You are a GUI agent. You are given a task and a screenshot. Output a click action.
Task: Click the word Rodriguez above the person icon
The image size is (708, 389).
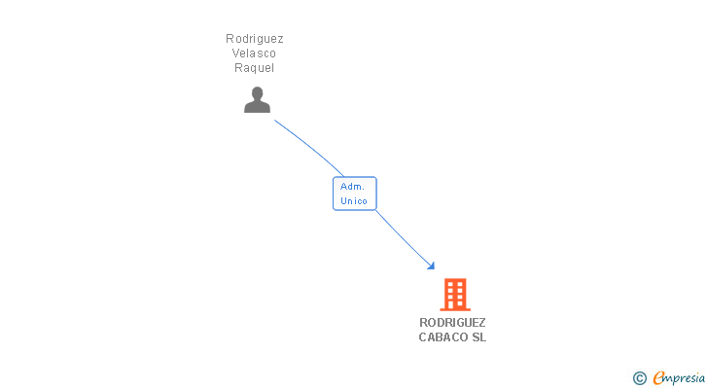point(255,39)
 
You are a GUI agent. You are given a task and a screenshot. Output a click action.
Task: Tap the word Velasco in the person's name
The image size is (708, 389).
point(255,53)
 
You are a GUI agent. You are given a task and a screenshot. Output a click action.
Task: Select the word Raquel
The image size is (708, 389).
point(255,68)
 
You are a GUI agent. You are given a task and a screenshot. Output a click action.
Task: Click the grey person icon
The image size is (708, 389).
point(257,99)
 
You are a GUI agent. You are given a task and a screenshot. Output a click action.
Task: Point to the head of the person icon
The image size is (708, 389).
point(257,93)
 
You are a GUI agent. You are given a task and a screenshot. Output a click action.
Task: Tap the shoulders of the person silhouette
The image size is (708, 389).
point(257,107)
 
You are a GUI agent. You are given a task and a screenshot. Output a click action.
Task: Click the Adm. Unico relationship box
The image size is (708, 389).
point(354,193)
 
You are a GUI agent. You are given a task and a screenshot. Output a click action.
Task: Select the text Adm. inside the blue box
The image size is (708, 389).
point(352,186)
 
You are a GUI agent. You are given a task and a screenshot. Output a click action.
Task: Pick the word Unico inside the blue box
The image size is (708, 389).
point(354,201)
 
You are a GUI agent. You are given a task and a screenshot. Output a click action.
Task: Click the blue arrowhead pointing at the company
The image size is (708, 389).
point(430,265)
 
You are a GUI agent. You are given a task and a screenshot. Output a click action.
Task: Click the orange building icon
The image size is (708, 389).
point(454,294)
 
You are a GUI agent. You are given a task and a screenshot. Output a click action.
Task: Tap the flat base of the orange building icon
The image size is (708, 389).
point(454,308)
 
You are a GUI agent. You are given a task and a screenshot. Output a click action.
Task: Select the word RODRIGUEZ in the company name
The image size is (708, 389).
point(452,323)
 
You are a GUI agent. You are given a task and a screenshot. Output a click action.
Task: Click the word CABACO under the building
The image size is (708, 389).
point(442,337)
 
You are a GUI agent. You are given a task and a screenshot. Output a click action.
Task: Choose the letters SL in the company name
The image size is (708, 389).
point(478,337)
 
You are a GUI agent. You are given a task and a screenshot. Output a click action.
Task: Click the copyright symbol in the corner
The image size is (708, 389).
point(639,378)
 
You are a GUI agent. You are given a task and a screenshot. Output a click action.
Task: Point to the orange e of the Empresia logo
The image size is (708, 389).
point(658,378)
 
